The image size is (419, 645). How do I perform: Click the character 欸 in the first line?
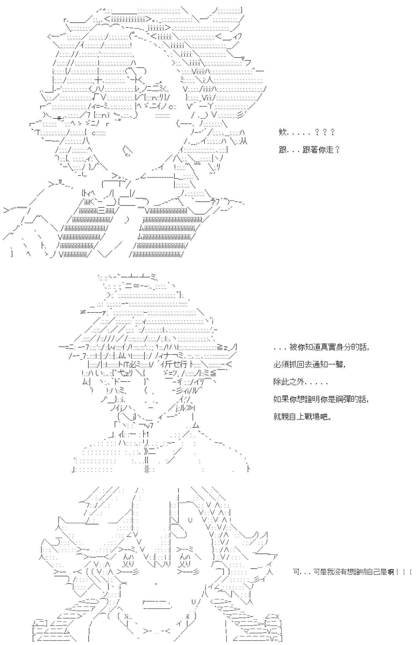pyautogui.click(x=282, y=132)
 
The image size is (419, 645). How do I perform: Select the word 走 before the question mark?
pyautogui.click(x=330, y=150)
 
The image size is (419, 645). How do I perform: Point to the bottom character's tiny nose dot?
pyautogui.click(x=156, y=583)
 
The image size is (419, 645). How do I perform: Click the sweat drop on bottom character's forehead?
pyautogui.click(x=190, y=520)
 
